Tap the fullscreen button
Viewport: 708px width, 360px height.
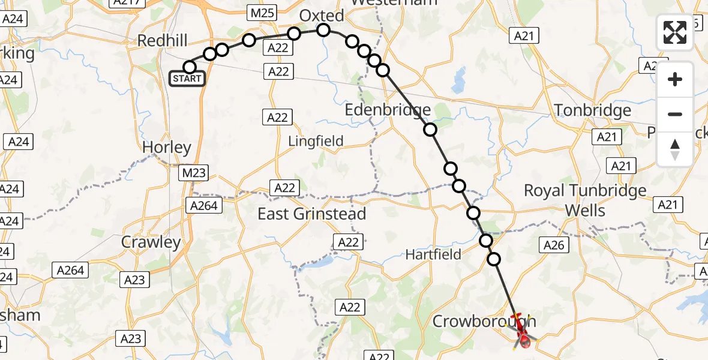pyautogui.click(x=675, y=32)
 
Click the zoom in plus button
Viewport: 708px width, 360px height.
pyautogui.click(x=675, y=79)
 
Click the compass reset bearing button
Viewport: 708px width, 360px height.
pyautogui.click(x=675, y=149)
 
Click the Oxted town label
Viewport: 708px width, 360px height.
pyautogui.click(x=322, y=16)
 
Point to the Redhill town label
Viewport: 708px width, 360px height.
pyautogui.click(x=163, y=41)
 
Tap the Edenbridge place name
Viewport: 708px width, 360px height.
pyautogui.click(x=388, y=110)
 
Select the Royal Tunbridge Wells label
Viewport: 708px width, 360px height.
pyautogui.click(x=585, y=200)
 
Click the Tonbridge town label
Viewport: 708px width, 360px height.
pyautogui.click(x=593, y=110)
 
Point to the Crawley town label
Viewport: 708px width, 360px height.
pyautogui.click(x=151, y=242)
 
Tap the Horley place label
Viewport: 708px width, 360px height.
pyautogui.click(x=166, y=148)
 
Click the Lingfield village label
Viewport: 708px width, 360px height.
pyautogui.click(x=316, y=141)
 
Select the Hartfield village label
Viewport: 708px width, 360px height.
pyautogui.click(x=433, y=254)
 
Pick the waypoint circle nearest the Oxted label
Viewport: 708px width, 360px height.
pyautogui.click(x=323, y=30)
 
